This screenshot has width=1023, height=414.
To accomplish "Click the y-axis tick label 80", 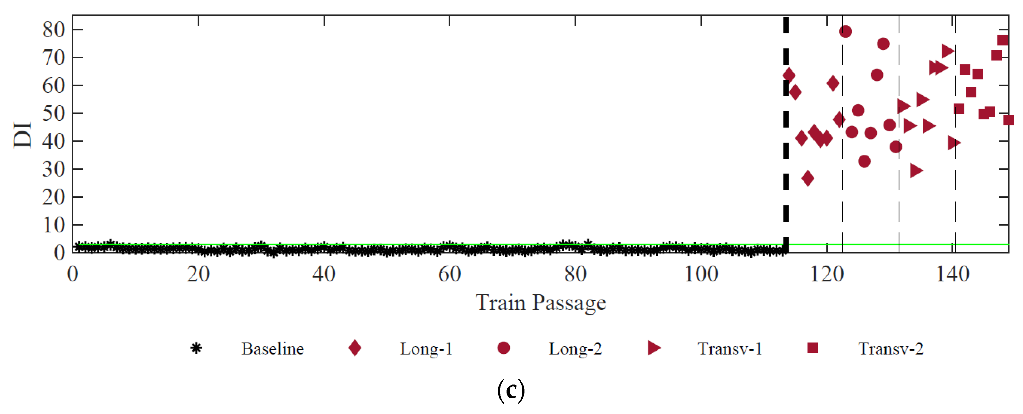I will [53, 30].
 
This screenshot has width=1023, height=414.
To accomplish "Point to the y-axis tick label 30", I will [53, 170].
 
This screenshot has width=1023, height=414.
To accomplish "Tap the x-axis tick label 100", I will [701, 275].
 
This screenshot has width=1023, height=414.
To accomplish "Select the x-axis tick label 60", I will [450, 275].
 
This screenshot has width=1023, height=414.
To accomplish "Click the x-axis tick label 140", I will [953, 275].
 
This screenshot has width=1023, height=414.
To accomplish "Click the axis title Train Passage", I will [541, 303].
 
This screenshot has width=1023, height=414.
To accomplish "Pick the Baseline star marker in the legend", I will [196, 348].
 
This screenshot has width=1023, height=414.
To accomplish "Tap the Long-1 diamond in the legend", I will [355, 348].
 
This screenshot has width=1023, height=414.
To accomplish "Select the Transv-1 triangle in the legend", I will [653, 348].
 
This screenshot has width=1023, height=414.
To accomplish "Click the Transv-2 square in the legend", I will [813, 348].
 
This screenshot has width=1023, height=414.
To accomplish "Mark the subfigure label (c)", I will [511, 391].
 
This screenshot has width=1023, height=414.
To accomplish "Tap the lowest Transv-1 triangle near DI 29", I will [916, 170].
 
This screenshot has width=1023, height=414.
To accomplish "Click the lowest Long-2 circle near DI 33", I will [864, 161].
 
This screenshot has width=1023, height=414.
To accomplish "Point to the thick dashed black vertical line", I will [785, 119].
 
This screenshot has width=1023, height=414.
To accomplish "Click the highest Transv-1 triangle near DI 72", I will [947, 51].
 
